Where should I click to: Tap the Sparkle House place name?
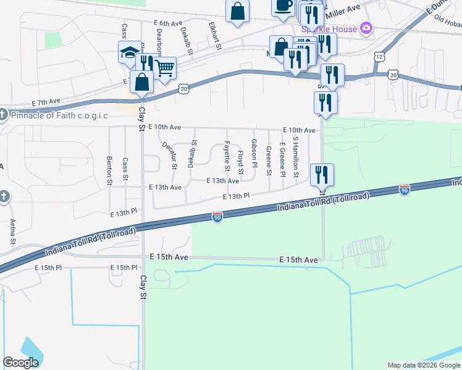tap(329, 29)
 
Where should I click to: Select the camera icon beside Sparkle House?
tap(366, 28)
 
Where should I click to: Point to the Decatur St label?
tap(169, 155)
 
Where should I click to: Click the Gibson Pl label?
tap(254, 152)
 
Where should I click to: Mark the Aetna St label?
tap(12, 230)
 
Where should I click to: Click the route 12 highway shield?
tap(377, 56)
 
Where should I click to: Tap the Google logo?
tap(20, 363)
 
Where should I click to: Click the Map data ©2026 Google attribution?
tap(423, 365)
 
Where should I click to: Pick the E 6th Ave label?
tap(166, 22)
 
